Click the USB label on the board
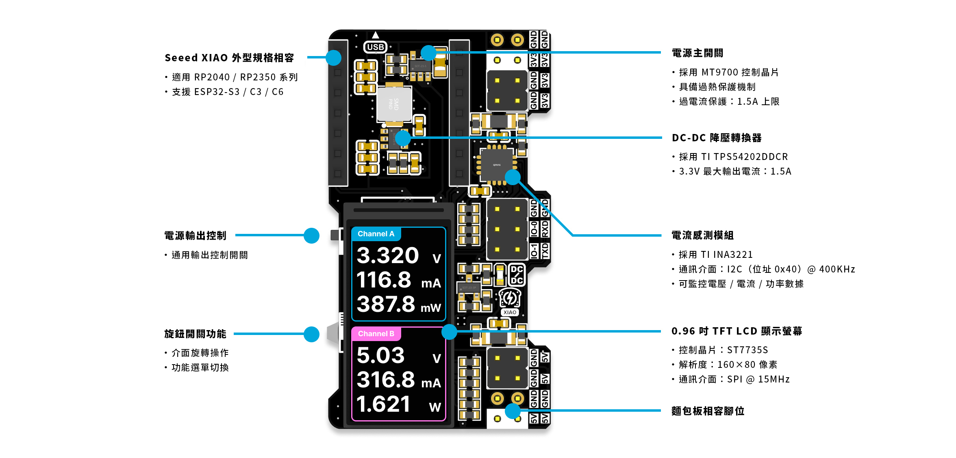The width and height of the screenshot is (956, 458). coord(375,47)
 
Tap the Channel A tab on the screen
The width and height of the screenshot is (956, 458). coord(376,234)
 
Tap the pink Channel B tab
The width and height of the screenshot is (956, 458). coord(376,334)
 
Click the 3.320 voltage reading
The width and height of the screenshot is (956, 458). coord(388,256)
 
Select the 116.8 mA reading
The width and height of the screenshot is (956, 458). coord(384,280)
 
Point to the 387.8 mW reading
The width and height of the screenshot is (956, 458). coord(386,305)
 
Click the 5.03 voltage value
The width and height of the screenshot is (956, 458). coord(380,356)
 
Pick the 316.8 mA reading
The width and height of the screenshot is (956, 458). coord(386,380)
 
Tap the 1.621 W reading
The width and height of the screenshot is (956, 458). coord(383,404)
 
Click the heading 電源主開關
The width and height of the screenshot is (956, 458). coord(697,53)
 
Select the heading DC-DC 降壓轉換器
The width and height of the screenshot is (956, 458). coord(717,138)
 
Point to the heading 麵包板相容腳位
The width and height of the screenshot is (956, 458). coord(708,411)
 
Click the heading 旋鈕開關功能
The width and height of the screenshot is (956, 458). coord(195,334)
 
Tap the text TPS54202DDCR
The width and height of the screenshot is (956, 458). coord(751,157)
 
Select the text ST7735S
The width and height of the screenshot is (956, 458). coord(747,350)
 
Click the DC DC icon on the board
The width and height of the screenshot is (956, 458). coord(517,275)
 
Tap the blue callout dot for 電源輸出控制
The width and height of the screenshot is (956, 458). coord(311,235)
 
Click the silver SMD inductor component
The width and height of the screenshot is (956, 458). coord(394,104)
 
